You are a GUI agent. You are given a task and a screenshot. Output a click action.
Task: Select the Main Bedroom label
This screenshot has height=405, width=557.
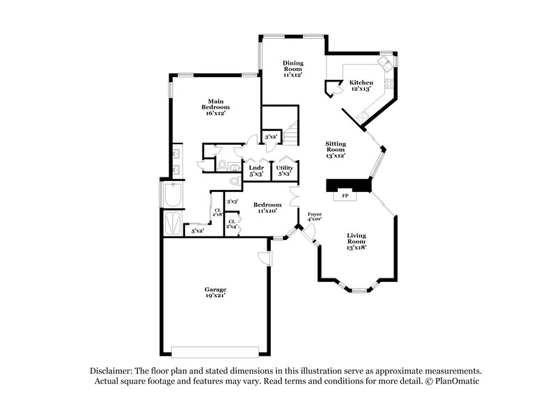pos(215,107)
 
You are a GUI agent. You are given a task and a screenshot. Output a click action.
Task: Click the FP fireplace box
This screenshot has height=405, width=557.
pos(345,196)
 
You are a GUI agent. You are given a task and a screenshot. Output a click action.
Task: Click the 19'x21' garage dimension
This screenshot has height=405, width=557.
pos(215,297)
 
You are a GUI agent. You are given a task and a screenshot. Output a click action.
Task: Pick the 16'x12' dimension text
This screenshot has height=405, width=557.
pos(216,113)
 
